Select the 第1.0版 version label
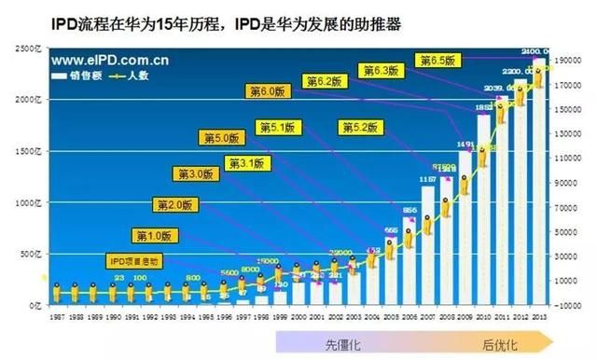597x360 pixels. pyautogui.click(x=155, y=234)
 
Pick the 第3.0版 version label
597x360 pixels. pyautogui.click(x=196, y=173)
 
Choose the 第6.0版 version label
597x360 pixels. pyautogui.click(x=270, y=90)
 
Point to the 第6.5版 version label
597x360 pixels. pyautogui.click(x=438, y=60)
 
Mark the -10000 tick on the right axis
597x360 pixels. pyautogui.click(x=567, y=305)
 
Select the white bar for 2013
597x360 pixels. pyautogui.click(x=539, y=182)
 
